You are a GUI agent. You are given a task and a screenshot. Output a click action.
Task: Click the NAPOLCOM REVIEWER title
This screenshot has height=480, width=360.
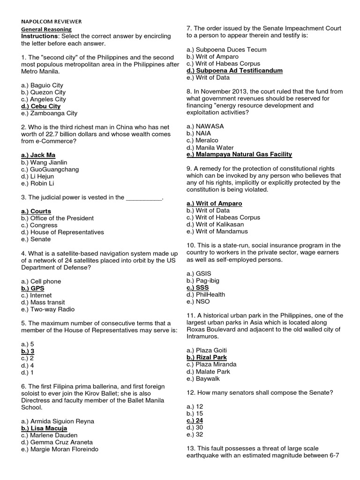(51, 22)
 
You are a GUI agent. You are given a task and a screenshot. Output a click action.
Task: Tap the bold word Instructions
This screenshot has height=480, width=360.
(40, 36)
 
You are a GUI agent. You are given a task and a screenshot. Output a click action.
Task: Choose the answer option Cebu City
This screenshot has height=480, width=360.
(41, 106)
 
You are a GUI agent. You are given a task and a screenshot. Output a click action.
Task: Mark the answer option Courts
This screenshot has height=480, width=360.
(36, 211)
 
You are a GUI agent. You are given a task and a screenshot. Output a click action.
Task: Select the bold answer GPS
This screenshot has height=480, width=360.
(33, 288)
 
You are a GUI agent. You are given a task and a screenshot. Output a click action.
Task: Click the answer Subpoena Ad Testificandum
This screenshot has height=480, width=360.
(234, 71)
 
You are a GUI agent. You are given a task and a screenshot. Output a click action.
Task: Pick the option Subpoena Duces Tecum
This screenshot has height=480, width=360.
(226, 50)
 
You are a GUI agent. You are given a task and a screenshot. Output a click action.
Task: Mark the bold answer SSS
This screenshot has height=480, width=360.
(197, 287)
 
